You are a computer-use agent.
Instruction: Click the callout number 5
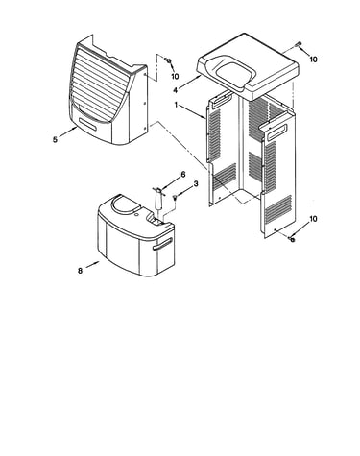coord(56,140)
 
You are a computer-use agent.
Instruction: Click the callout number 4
coord(175,90)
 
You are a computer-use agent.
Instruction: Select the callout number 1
coord(176,105)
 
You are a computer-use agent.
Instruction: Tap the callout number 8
coord(80,271)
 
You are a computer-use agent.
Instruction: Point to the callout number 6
coord(183,175)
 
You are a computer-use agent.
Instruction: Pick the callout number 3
coord(196,183)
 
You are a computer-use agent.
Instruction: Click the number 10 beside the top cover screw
coord(313,60)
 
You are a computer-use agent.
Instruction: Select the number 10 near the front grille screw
coord(175,76)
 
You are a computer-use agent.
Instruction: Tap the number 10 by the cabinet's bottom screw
coord(313,219)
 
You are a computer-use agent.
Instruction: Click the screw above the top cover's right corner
coord(300,44)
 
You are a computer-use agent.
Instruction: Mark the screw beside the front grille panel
coord(167,60)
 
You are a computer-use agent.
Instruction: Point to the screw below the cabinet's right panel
coord(292,239)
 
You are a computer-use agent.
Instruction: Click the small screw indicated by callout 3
coord(175,198)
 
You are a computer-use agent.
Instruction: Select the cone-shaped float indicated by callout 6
coord(158,199)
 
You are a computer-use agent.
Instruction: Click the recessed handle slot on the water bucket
coord(162,244)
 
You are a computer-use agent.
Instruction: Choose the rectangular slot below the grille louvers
coord(88,123)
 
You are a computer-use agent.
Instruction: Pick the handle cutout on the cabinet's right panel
coord(276,132)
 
